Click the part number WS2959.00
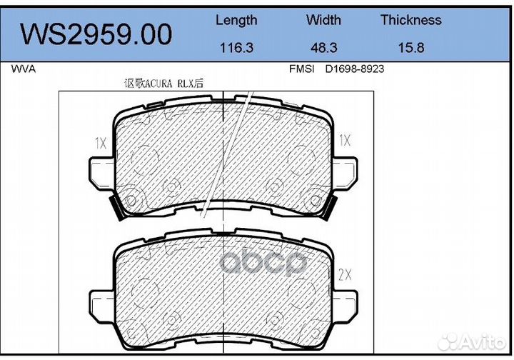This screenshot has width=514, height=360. coord(96,34)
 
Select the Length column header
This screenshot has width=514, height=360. coord(236,20)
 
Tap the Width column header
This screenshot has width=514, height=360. coord(323,20)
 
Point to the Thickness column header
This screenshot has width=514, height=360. coord(410,20)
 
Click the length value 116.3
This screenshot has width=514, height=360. coord(236,48)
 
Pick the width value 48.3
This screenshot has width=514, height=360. coord(323,48)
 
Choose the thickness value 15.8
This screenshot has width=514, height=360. coord(410,48)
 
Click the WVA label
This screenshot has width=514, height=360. coord(24,70)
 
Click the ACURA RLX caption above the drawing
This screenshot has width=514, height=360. coord(163,84)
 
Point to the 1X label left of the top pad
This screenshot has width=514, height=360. coord(100,142)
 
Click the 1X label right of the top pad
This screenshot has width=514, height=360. coord(346,141)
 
